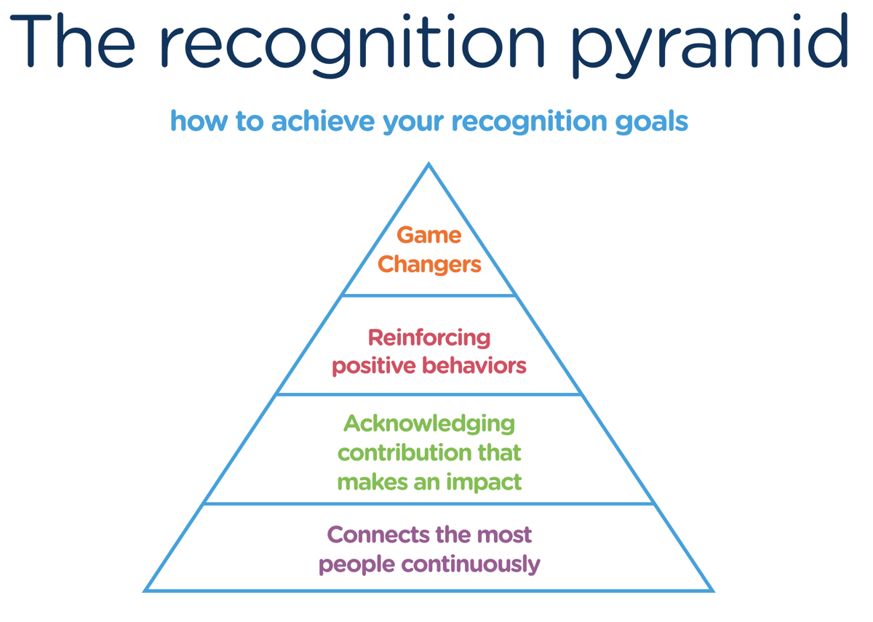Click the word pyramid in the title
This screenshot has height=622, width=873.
coord(709,45)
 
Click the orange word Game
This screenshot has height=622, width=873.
coord(428,235)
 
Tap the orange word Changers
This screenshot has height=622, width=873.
coord(429,264)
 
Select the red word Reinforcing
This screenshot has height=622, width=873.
coord(428,338)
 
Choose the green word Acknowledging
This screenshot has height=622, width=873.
coord(428,423)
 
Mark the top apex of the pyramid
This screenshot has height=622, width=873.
coord(428,165)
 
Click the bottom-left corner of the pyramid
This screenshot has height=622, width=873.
coord(146,590)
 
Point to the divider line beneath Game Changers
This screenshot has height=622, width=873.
coord(428,295)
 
